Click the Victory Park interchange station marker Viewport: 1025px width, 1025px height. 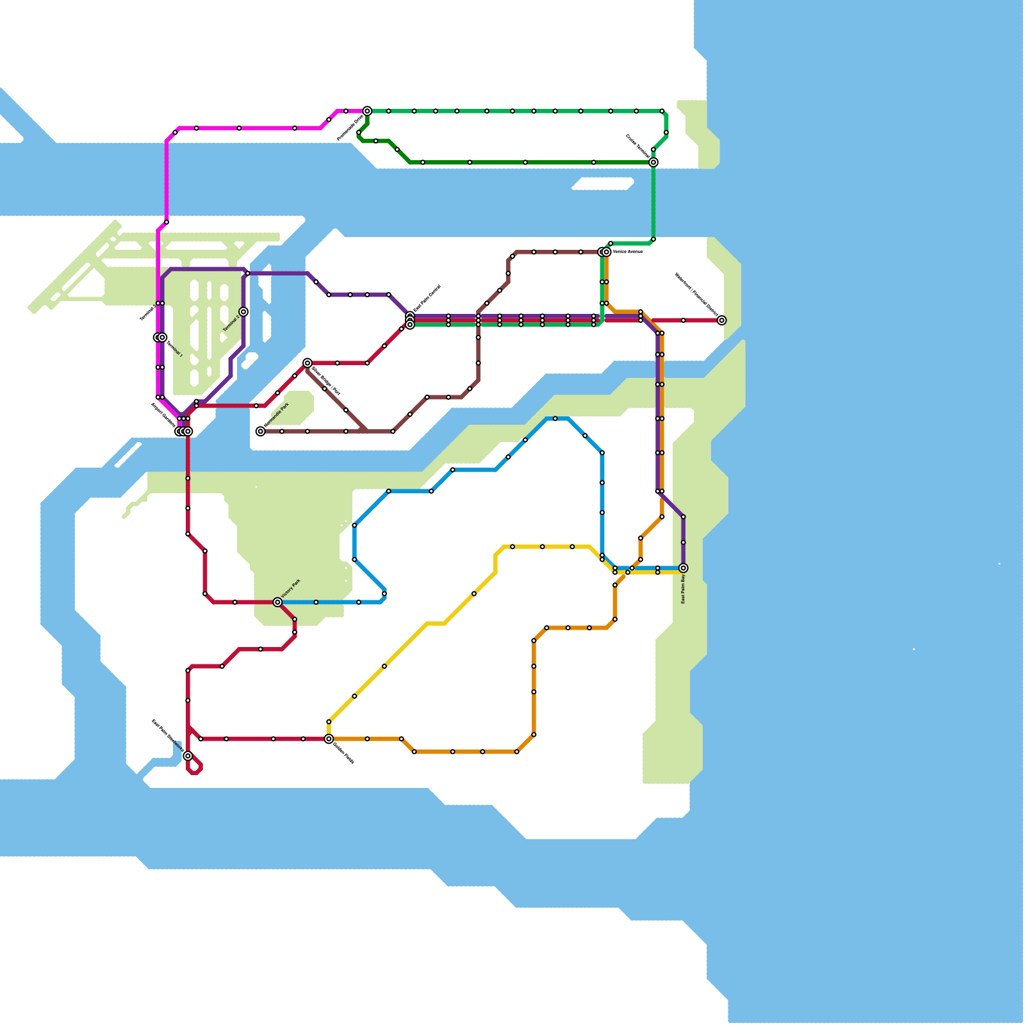click(277, 602)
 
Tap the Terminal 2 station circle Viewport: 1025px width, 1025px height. click(243, 312)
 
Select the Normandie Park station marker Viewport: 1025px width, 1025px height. click(260, 432)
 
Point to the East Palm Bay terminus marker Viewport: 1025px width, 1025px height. click(683, 568)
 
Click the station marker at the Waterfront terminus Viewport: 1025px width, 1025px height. click(721, 320)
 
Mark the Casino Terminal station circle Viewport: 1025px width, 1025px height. click(653, 163)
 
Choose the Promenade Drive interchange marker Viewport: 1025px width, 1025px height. click(367, 111)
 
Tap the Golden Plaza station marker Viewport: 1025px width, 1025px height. click(329, 739)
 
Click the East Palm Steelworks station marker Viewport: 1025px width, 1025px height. click(188, 756)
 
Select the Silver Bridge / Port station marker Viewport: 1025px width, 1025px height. click(307, 363)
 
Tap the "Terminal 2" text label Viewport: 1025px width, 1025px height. click(231, 324)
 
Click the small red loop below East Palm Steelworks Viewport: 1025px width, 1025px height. click(195, 767)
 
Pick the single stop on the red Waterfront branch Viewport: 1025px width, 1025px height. click(683, 320)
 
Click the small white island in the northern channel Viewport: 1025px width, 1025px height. click(602, 184)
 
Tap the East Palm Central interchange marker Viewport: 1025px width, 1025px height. click(410, 320)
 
